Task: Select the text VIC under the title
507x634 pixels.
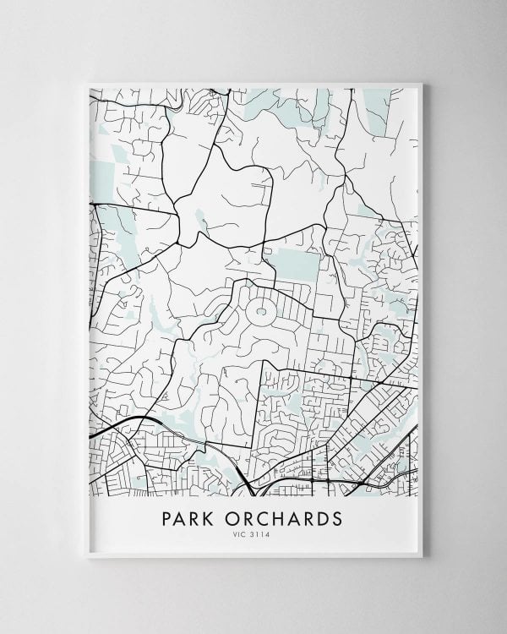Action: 243,533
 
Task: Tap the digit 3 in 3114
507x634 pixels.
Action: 256,533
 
